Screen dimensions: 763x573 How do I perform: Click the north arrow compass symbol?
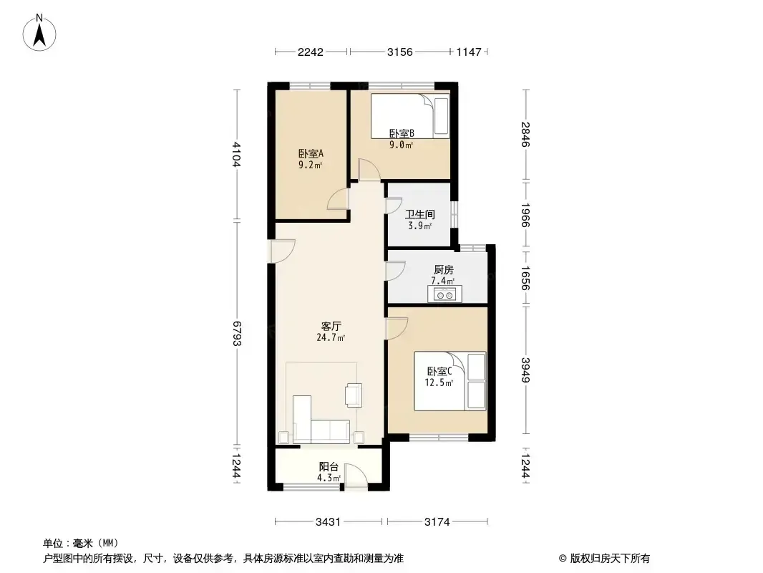click(x=39, y=32)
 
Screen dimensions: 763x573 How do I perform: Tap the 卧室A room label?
click(x=311, y=153)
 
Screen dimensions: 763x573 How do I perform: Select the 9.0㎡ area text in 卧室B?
click(x=401, y=145)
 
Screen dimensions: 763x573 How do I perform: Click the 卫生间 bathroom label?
click(x=420, y=214)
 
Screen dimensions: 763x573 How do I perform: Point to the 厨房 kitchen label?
click(x=443, y=270)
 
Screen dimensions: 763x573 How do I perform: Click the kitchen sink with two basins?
click(x=444, y=294)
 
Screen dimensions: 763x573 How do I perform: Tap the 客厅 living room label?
click(x=331, y=326)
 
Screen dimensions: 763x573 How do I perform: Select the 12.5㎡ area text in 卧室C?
click(x=439, y=382)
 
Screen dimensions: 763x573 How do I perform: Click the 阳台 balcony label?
click(x=329, y=467)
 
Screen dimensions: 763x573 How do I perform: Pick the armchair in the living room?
click(x=354, y=395)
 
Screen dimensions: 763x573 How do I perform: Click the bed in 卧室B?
click(x=409, y=116)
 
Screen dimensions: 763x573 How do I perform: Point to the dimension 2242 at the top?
click(x=311, y=52)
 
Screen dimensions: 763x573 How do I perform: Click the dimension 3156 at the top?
click(x=400, y=52)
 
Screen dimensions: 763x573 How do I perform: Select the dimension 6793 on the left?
click(x=237, y=333)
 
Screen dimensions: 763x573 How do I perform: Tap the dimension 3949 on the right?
click(x=525, y=370)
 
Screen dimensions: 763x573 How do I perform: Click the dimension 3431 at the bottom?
click(x=328, y=522)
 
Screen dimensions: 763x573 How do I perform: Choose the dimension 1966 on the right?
click(x=525, y=215)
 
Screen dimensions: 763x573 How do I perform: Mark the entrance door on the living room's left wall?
click(x=283, y=251)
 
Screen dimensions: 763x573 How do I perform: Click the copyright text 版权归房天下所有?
click(x=610, y=559)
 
